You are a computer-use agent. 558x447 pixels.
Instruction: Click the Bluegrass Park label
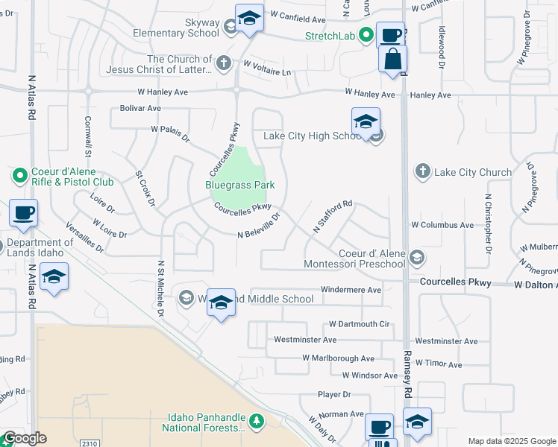(240, 185)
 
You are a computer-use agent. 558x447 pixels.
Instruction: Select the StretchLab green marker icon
(366, 34)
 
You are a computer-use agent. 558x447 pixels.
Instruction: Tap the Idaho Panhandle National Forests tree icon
(257, 422)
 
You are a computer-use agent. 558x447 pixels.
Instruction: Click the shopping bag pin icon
(392, 58)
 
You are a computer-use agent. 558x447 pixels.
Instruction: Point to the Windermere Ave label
(351, 290)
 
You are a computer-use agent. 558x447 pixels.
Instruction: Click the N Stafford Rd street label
(332, 216)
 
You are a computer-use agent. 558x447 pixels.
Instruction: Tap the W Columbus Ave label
(442, 224)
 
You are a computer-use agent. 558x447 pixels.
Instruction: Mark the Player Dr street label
(334, 394)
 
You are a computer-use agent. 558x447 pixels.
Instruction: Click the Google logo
(25, 438)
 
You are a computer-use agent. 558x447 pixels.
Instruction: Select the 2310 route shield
(90, 443)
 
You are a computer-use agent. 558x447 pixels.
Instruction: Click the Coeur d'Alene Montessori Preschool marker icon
(417, 258)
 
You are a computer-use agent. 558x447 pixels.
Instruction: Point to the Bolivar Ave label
(140, 108)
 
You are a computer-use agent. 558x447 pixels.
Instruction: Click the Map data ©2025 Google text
(511, 441)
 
